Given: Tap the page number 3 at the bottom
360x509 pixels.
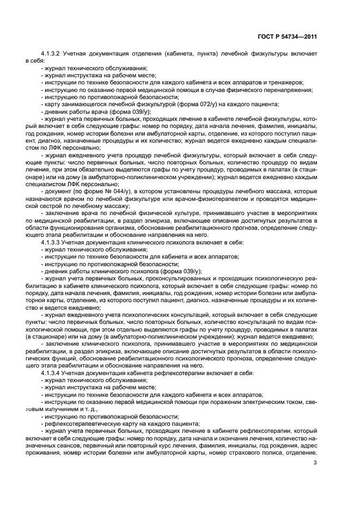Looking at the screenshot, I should [x=315, y=463].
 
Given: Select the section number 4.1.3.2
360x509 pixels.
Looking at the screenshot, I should [x=52, y=54].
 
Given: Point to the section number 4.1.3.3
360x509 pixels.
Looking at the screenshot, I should [x=52, y=241].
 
